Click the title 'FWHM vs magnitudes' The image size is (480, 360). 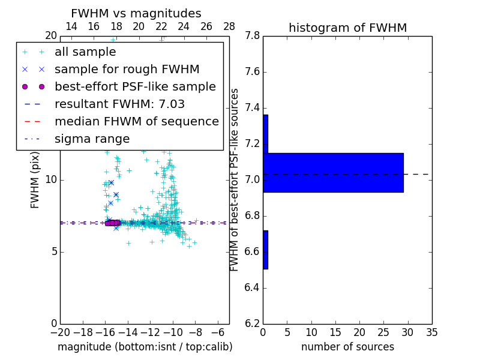click(x=136, y=14)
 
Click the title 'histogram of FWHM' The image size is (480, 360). click(x=347, y=28)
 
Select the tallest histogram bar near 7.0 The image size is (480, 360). click(x=333, y=173)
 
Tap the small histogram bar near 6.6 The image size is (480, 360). click(x=265, y=250)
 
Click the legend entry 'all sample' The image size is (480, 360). click(x=85, y=52)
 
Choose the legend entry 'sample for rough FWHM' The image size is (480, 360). click(x=127, y=70)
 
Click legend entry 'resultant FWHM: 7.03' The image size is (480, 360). click(x=119, y=104)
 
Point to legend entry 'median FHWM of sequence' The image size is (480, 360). click(x=136, y=122)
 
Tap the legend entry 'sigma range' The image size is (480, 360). click(x=92, y=139)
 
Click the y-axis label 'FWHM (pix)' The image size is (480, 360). click(x=35, y=180)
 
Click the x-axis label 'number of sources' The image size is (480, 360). click(x=347, y=347)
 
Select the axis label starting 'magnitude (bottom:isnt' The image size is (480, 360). click(x=145, y=347)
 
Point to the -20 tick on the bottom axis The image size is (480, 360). click(x=60, y=332)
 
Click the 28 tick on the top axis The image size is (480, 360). click(x=229, y=26)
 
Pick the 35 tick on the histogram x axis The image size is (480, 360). click(x=432, y=332)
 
